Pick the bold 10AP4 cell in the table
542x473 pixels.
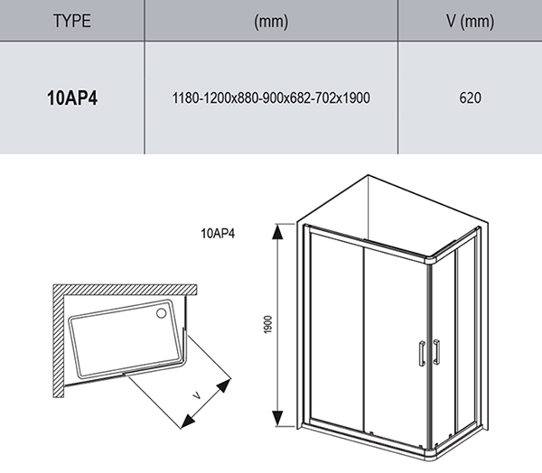(72, 97)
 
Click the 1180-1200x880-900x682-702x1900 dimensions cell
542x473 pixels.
(271, 97)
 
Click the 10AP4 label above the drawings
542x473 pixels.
(220, 234)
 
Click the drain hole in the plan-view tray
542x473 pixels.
(161, 314)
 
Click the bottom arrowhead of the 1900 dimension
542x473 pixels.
(280, 423)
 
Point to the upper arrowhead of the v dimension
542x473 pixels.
(222, 385)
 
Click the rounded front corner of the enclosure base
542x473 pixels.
(433, 441)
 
